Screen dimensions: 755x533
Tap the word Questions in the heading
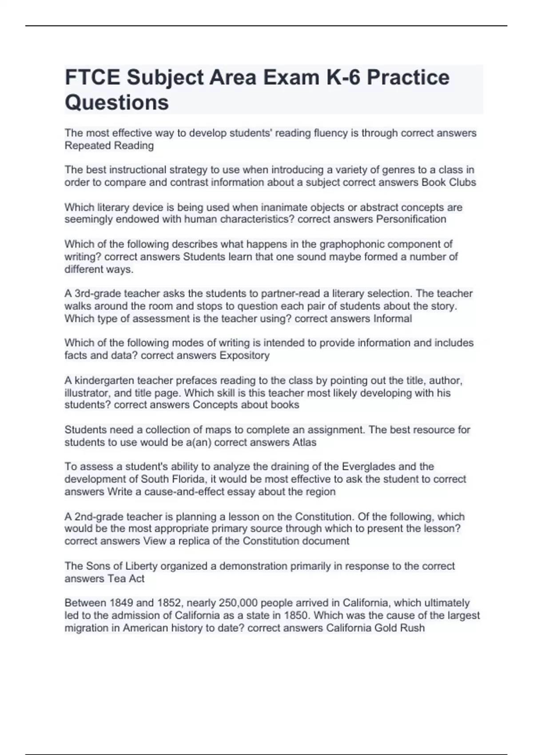click(117, 102)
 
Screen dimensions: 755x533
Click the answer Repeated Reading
click(109, 146)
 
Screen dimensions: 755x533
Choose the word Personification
click(411, 219)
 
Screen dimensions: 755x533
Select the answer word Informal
click(393, 318)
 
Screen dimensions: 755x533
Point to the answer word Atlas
click(304, 442)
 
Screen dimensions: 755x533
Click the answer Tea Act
click(126, 579)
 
